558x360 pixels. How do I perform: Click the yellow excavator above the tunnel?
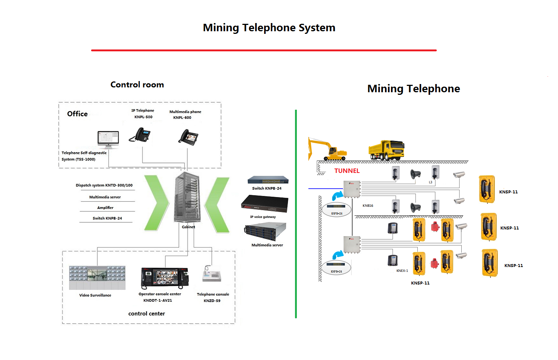(327, 149)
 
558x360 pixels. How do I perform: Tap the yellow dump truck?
(387, 150)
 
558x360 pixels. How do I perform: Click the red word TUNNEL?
(347, 171)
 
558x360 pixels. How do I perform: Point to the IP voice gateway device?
(264, 204)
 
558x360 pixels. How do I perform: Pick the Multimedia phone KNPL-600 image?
(189, 137)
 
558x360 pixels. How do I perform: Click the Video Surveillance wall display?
(97, 277)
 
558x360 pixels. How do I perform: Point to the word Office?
(77, 114)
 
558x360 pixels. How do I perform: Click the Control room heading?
(137, 85)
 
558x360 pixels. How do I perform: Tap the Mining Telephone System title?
(269, 28)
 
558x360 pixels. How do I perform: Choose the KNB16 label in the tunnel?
(368, 206)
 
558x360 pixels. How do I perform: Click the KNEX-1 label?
(402, 271)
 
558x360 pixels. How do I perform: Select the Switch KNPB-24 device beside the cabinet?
(268, 180)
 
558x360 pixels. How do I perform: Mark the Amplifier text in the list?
(105, 208)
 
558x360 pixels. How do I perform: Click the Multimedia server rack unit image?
(265, 231)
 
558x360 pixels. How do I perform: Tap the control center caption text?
(147, 314)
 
